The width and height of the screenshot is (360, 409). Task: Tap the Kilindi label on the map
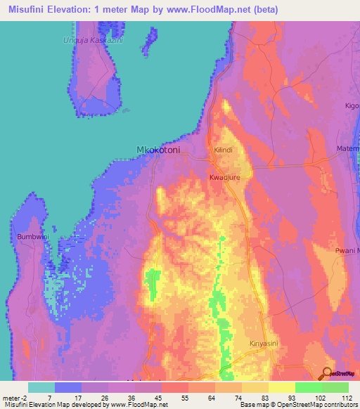(x=223, y=150)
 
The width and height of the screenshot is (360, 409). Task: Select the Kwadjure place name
(x=224, y=178)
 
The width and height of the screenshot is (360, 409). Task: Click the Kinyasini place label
(x=264, y=344)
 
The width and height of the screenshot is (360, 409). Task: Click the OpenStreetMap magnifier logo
(x=326, y=374)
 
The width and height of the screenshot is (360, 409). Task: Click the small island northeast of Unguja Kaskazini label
(x=148, y=40)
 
